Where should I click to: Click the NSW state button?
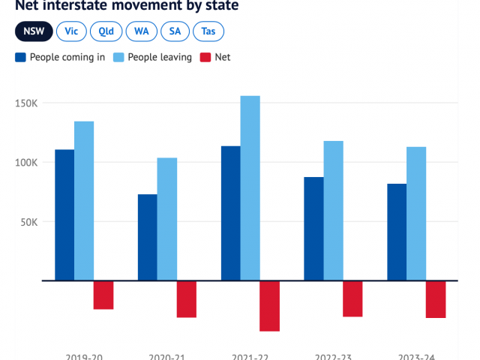pyautogui.click(x=34, y=31)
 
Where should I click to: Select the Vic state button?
pyautogui.click(x=71, y=31)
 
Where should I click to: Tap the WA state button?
pyautogui.click(x=141, y=31)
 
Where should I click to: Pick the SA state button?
pyautogui.click(x=175, y=31)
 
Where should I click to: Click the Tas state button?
pyautogui.click(x=208, y=31)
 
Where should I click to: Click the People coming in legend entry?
pyautogui.click(x=59, y=57)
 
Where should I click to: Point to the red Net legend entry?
pyautogui.click(x=215, y=57)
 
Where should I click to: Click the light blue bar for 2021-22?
pyautogui.click(x=250, y=188)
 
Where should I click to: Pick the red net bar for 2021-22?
pyautogui.click(x=269, y=306)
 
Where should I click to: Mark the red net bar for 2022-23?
pyautogui.click(x=352, y=298)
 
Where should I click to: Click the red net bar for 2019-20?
pyautogui.click(x=103, y=295)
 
